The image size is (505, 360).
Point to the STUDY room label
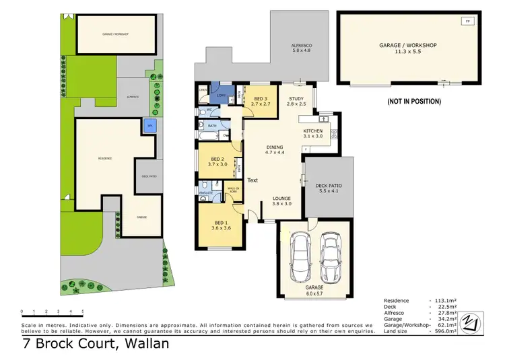pos(296,102)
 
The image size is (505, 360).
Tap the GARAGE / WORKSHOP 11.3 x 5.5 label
pos(408,48)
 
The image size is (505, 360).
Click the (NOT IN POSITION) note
pos(413,102)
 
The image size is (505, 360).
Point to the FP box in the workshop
pos(467,22)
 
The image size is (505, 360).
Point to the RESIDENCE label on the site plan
pos(104,158)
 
